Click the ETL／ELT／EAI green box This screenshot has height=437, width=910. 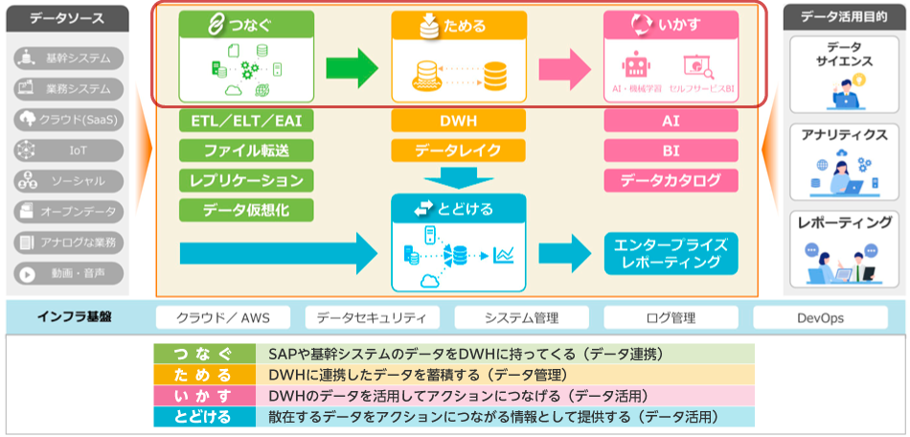tap(246, 122)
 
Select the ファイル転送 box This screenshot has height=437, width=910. tap(246, 150)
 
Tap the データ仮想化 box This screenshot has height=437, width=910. tap(246, 210)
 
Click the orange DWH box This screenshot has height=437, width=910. tap(459, 122)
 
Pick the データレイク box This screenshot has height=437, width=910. tap(459, 150)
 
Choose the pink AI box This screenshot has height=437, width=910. tap(671, 122)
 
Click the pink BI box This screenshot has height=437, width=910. tap(671, 150)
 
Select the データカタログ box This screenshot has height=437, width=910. tap(671, 180)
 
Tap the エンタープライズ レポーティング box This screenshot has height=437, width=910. tap(671, 252)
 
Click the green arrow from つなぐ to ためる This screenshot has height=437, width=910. tap(352, 68)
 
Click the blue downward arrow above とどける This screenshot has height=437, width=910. tap(459, 179)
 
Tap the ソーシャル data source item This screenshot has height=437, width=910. tap(69, 180)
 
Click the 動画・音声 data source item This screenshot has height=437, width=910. tap(69, 272)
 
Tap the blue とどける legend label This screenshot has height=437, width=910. tap(204, 416)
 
